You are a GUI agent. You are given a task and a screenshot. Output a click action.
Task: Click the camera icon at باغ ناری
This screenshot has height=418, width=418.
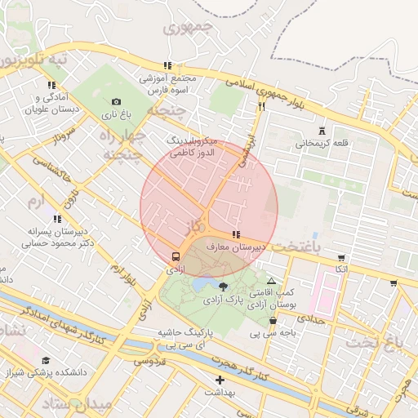[x=116, y=101]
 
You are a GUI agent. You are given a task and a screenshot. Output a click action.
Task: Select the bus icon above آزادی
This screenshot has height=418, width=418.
[x=176, y=256]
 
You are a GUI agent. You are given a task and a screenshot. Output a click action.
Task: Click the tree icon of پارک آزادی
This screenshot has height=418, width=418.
[x=223, y=286]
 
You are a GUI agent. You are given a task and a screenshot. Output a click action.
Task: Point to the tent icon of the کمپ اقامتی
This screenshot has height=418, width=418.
[x=272, y=280]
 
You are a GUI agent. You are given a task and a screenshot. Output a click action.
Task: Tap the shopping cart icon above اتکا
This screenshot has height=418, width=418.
[x=340, y=258]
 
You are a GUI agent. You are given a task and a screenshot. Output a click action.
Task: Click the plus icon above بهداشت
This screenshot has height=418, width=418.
[x=219, y=380]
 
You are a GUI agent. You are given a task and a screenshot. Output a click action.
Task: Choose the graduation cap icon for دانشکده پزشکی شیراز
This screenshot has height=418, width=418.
[x=46, y=360]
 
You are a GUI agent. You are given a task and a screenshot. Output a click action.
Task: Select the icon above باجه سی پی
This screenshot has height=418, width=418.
[x=272, y=321]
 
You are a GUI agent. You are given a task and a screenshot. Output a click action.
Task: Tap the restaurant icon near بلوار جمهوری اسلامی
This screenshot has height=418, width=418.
[x=261, y=106]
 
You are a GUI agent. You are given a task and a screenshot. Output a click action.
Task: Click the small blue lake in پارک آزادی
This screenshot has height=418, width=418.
[x=200, y=287]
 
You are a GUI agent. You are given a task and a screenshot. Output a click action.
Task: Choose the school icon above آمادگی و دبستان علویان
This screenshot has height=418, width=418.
[x=51, y=84]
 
